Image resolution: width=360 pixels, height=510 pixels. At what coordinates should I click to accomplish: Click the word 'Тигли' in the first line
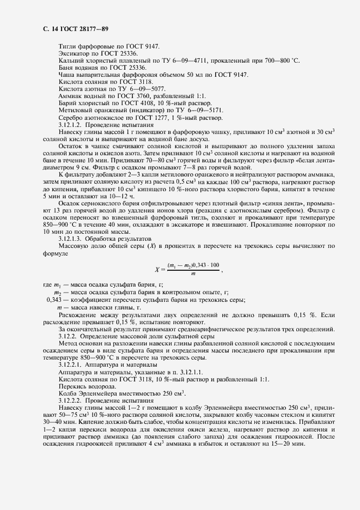pos(66,47)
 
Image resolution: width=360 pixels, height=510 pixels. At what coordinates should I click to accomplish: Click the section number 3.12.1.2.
pos(70,124)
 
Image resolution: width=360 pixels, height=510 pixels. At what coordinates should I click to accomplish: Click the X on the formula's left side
pos(157,269)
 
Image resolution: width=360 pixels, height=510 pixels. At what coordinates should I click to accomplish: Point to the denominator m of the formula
pos(192,274)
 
